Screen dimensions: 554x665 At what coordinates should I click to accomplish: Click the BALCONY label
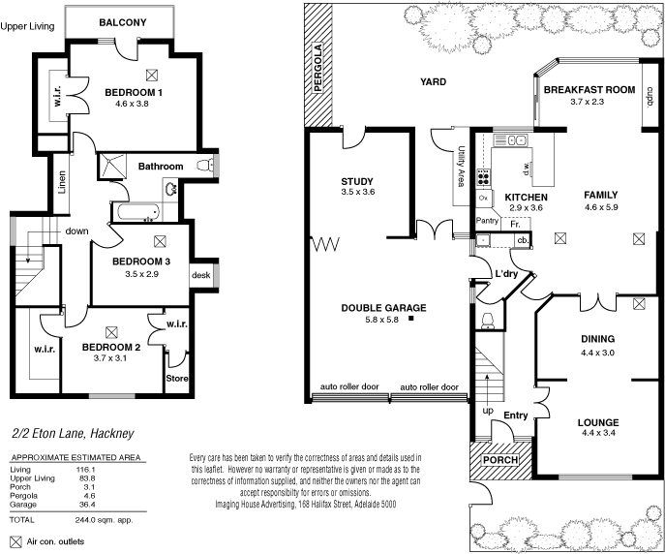click(x=121, y=21)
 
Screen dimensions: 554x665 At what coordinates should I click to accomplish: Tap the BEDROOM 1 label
click(x=134, y=92)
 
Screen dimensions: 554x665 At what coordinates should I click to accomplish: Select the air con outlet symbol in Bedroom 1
click(x=151, y=74)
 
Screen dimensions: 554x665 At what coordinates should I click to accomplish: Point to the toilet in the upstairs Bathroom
click(x=204, y=167)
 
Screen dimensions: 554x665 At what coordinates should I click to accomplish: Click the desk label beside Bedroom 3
click(x=201, y=274)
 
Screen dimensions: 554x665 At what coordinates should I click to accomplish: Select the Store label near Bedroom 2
click(x=177, y=378)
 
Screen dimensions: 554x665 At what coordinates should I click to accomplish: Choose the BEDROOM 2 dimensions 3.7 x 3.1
click(x=110, y=358)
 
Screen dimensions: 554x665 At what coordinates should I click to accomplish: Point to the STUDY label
click(x=357, y=181)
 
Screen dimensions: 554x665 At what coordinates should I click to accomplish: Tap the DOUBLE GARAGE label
click(x=383, y=308)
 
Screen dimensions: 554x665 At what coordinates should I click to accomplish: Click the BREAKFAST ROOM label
click(x=589, y=89)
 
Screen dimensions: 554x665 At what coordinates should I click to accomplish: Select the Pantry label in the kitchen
click(x=488, y=221)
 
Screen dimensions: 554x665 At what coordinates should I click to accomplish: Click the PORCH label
click(x=500, y=459)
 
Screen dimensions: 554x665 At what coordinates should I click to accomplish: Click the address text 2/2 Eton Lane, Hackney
click(x=72, y=434)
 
